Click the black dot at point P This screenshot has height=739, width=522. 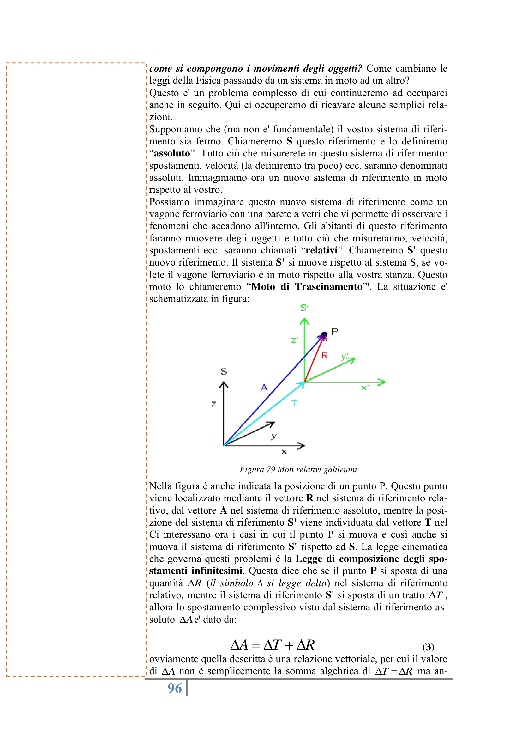coord(325,334)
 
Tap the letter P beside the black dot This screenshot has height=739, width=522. coord(334,331)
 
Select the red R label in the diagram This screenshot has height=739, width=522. coord(325,355)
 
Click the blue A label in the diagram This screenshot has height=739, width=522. coord(264,387)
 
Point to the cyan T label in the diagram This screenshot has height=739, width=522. coord(294,403)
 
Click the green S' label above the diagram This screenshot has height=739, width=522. coord(304,308)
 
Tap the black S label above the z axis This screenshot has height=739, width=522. coord(224,371)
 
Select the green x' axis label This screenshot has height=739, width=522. coord(365,388)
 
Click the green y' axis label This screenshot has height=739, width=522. coord(345,356)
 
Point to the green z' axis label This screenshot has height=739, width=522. coord(294,340)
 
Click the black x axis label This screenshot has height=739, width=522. coord(284,452)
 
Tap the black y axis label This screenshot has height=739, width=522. coord(274,436)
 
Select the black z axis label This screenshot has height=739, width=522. coord(214,404)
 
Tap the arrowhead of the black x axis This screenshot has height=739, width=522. coord(302,446)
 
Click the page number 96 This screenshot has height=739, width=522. coord(175,688)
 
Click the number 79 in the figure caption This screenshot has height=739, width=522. coord(271,470)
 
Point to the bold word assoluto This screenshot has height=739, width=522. coord(172,153)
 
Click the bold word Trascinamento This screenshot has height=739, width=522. coord(329,286)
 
